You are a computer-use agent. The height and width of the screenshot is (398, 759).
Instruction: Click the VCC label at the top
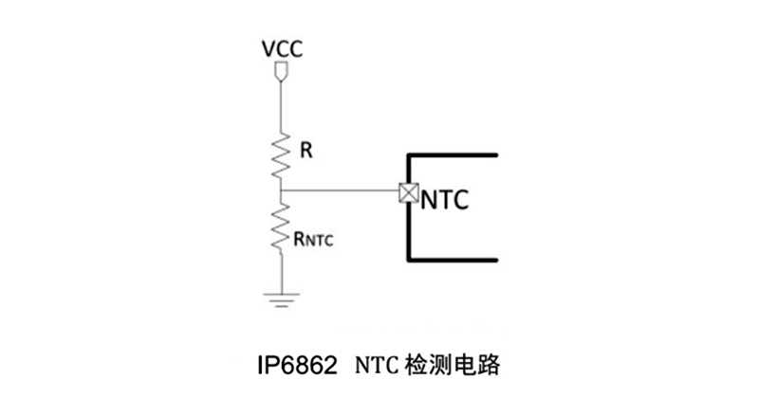(282, 49)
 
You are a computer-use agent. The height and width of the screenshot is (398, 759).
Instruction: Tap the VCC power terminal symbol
(282, 72)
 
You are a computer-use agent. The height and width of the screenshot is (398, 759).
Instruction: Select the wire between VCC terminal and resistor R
(282, 106)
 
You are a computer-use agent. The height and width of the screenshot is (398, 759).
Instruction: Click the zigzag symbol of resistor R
(282, 154)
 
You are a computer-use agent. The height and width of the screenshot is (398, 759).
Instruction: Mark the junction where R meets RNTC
(282, 192)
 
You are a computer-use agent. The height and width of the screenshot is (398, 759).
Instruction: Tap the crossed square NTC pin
(408, 192)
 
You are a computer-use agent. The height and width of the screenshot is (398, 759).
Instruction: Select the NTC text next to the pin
(446, 201)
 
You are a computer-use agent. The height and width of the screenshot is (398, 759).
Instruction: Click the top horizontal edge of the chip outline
(454, 153)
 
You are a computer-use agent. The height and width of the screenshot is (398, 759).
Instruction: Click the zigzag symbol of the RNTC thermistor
(282, 228)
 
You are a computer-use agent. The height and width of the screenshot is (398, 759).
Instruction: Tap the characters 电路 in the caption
(475, 364)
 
